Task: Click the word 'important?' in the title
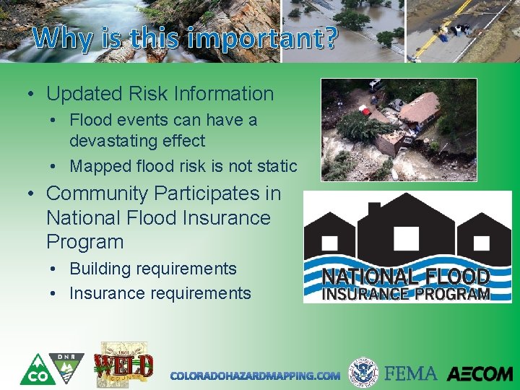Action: click(x=261, y=39)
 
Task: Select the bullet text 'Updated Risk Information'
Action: click(x=160, y=94)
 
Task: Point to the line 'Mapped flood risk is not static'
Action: click(x=183, y=166)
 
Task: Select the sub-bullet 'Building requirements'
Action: click(x=152, y=269)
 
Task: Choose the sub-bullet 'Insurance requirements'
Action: click(x=160, y=293)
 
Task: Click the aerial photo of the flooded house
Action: click(x=399, y=130)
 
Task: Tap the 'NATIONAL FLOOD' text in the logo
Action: click(x=406, y=277)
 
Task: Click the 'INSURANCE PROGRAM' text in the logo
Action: click(x=406, y=294)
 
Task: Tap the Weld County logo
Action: click(x=123, y=365)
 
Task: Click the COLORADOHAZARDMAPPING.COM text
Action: click(x=255, y=376)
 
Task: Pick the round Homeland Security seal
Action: click(x=363, y=373)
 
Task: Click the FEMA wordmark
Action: click(x=411, y=373)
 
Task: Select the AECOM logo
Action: click(x=479, y=374)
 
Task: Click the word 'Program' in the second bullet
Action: click(x=84, y=242)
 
